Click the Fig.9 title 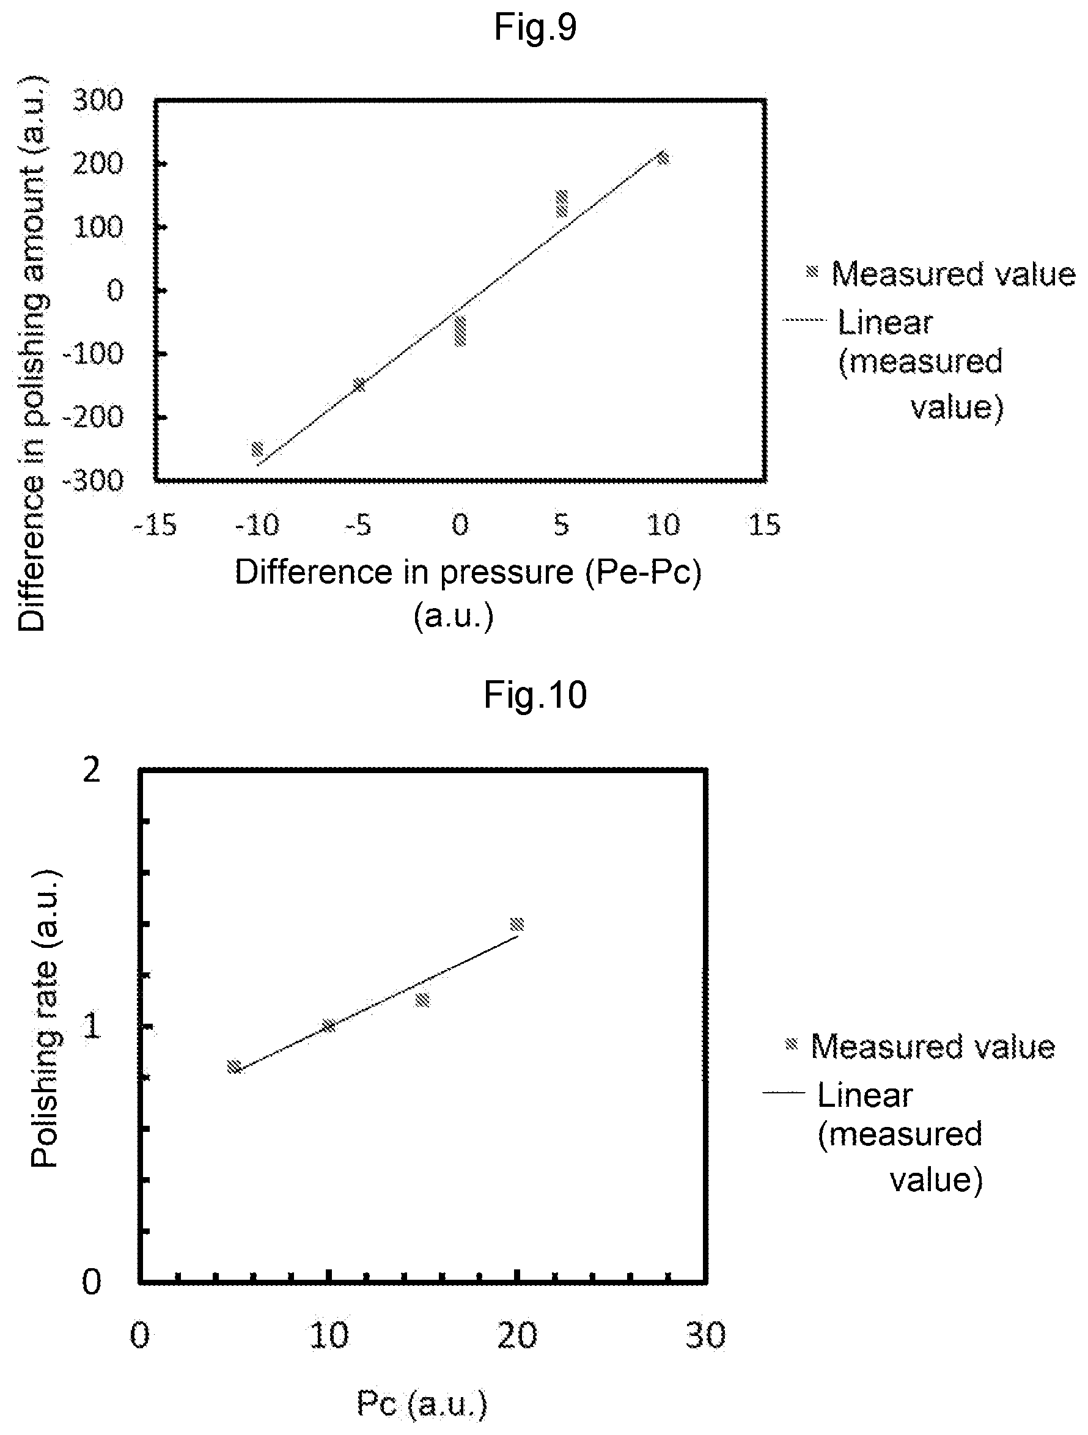tap(535, 28)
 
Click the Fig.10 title tap(535, 695)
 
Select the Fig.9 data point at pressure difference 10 tap(663, 158)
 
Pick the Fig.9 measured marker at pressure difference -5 tap(359, 384)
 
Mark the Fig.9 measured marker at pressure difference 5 tap(561, 204)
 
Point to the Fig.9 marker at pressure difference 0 tap(460, 331)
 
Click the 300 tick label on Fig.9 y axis tap(97, 101)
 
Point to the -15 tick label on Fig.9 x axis tap(155, 524)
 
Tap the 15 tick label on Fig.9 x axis tap(764, 524)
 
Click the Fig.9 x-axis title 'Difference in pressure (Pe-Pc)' tap(468, 572)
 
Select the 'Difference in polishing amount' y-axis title tap(31, 354)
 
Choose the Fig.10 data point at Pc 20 tap(517, 925)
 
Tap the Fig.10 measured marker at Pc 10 tap(329, 1026)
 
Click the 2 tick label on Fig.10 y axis tap(92, 771)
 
